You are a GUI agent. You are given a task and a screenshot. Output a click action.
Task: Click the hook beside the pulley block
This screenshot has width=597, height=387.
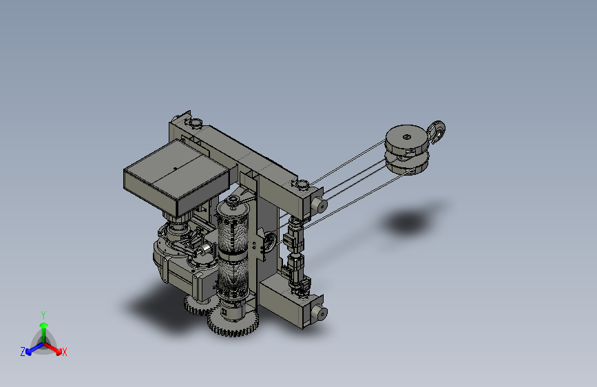point(438,132)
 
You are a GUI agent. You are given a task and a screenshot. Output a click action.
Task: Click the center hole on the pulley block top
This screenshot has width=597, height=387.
point(407,137)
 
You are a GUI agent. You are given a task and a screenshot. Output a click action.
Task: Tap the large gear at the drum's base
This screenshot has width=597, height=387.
point(233,323)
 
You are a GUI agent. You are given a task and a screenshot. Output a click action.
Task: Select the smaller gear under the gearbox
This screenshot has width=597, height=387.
point(199,306)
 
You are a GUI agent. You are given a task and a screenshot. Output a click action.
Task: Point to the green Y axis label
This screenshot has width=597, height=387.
point(43,315)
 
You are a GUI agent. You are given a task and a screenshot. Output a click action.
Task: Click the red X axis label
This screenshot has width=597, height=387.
point(64,352)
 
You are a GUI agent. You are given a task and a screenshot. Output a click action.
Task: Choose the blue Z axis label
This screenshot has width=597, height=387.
point(23,352)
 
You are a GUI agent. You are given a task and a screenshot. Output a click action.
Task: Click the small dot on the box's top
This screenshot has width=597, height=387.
point(175,168)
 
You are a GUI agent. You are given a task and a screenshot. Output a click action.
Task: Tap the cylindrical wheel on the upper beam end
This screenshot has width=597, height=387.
point(319,205)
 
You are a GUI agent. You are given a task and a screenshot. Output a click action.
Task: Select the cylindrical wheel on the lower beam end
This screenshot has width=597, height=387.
point(319,313)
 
